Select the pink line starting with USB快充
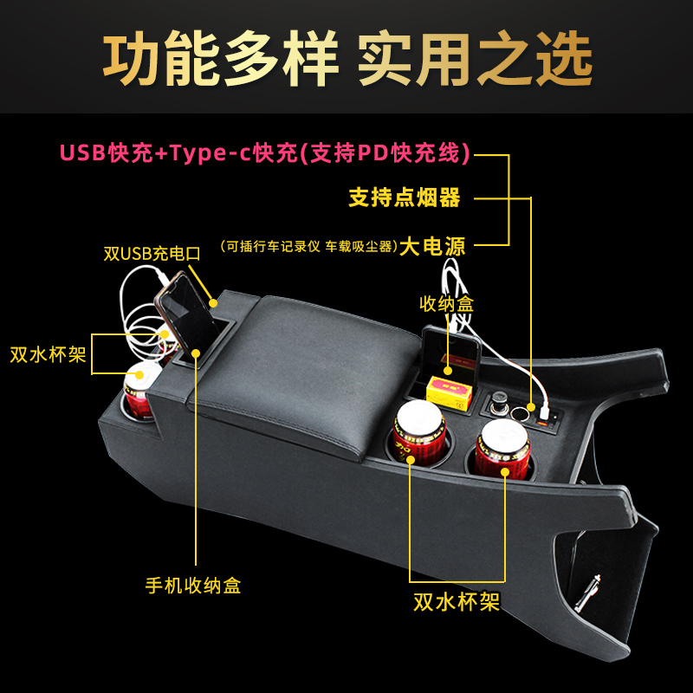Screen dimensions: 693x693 265,153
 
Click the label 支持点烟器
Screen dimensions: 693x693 405,198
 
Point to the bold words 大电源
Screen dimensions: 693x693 433,247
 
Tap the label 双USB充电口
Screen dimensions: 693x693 152,254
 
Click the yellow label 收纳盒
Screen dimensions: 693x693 447,304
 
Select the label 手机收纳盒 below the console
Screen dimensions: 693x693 192,585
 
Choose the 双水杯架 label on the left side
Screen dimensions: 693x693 49,354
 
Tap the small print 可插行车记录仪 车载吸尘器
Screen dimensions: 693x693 308,246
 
